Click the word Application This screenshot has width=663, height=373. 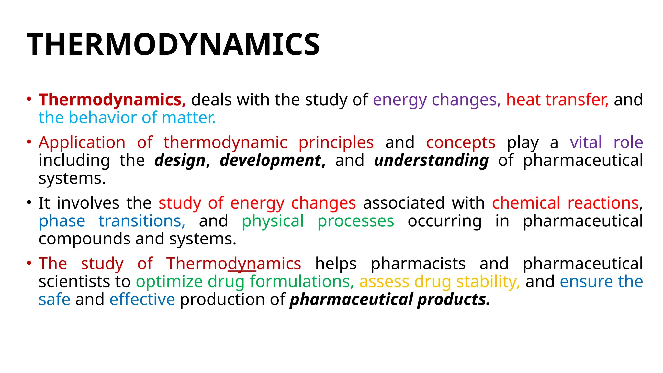point(82,142)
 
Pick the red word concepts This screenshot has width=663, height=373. point(460,142)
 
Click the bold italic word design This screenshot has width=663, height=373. point(180,161)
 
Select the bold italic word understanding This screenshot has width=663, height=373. point(431,161)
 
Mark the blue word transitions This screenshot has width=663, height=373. point(142,221)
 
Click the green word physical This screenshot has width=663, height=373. point(273,221)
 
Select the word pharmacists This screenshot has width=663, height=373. point(418,264)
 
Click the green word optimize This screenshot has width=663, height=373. point(169,282)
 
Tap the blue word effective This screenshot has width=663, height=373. point(142,300)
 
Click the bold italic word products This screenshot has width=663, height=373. point(454,300)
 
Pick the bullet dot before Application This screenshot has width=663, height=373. point(29,142)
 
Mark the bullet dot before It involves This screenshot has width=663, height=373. point(29,203)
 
